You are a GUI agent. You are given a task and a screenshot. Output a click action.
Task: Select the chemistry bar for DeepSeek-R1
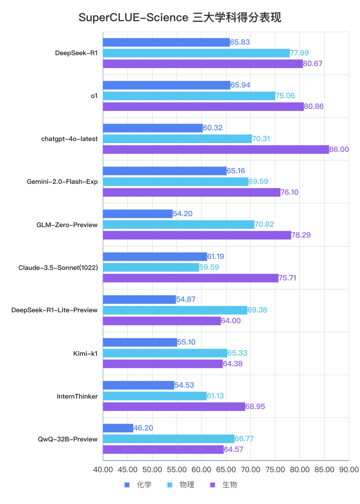click(166, 42)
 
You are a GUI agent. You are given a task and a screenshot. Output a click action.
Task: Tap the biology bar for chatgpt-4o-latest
click(216, 149)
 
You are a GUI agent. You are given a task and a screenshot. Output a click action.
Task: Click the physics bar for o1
click(189, 96)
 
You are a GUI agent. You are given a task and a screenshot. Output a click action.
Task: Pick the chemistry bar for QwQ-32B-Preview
click(118, 428)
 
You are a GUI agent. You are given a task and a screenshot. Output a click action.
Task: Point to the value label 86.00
click(339, 149)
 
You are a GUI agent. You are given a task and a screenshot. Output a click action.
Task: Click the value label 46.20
click(143, 428)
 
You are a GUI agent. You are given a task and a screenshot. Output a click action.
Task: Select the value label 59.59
click(209, 267)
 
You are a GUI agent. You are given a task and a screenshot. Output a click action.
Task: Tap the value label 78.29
click(301, 235)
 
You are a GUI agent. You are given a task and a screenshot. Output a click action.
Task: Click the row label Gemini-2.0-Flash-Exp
click(62, 182)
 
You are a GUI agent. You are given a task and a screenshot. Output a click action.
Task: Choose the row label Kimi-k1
click(85, 354)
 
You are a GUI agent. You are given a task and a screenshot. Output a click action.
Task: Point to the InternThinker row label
click(77, 397)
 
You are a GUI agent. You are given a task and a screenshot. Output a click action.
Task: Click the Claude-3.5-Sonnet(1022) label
click(58, 268)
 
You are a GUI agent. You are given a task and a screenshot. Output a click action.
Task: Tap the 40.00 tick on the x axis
click(103, 470)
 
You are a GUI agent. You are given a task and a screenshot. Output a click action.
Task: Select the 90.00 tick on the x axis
click(349, 470)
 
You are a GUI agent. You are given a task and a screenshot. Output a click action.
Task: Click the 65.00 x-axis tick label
click(226, 470)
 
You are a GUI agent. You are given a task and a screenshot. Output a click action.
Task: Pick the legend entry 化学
click(144, 485)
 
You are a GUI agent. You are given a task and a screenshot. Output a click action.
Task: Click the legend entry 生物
click(230, 485)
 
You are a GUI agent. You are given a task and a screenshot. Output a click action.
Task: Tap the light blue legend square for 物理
click(170, 485)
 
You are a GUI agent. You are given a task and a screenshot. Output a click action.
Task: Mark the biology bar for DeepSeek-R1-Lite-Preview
click(162, 321)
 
